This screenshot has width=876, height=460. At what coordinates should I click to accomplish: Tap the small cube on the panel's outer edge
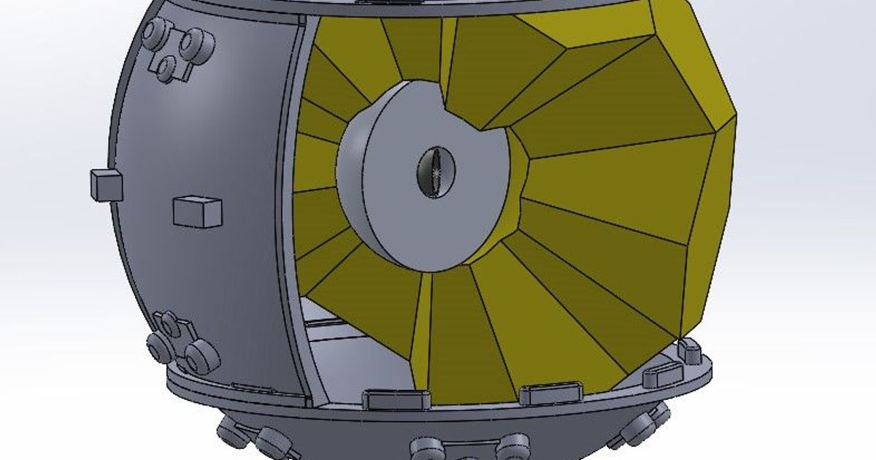[107, 184]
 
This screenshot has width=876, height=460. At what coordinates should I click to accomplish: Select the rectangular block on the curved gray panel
[197, 212]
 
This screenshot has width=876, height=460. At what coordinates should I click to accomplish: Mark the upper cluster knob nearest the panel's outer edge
[154, 32]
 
